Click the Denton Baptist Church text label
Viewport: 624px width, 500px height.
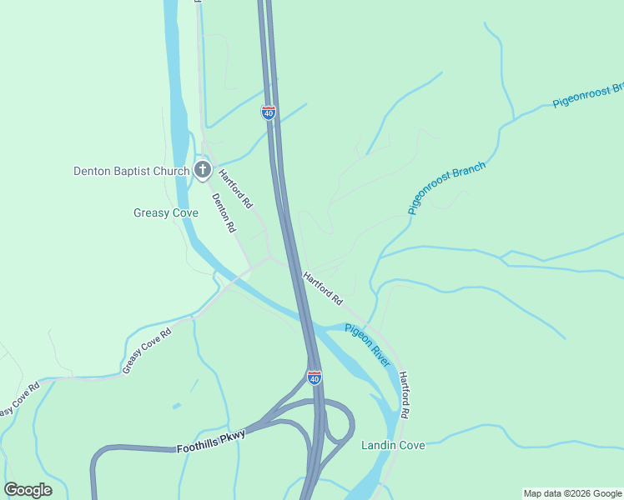(x=132, y=172)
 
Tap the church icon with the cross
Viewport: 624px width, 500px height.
(x=202, y=171)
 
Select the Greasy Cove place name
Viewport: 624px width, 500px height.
(x=166, y=213)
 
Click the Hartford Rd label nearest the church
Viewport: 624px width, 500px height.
(x=235, y=188)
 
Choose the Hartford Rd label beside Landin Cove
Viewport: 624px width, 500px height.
(x=405, y=395)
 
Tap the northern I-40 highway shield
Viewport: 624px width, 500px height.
(x=269, y=112)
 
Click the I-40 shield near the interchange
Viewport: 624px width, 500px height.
(x=314, y=377)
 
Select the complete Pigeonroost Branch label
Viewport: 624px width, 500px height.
(x=446, y=189)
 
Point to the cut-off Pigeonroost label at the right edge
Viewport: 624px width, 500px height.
(x=588, y=96)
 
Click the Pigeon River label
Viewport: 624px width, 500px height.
(x=368, y=345)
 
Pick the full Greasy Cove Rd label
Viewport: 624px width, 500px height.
(x=147, y=351)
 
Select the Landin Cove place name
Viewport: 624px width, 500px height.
(x=393, y=446)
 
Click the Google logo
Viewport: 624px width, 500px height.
(x=28, y=490)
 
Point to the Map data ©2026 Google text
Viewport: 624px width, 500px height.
(x=572, y=493)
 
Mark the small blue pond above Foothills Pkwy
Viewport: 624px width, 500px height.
(x=176, y=406)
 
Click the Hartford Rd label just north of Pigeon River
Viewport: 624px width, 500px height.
(x=323, y=287)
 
